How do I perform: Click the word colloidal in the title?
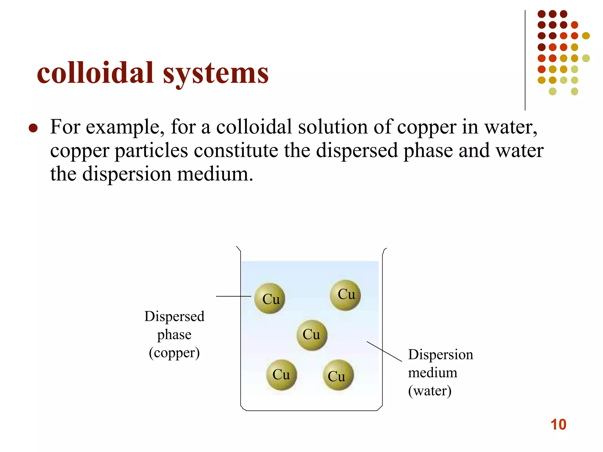[95, 73]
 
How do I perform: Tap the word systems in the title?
[216, 74]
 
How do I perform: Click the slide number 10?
[558, 425]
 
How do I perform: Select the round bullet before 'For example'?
[33, 128]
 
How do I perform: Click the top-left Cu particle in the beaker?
[270, 298]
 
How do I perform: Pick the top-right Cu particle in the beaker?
[345, 295]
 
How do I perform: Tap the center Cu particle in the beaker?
[312, 335]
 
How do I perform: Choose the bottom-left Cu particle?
[281, 375]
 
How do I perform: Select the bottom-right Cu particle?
[338, 375]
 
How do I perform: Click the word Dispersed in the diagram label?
[174, 317]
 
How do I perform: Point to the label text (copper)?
[174, 353]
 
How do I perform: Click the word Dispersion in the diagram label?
[440, 355]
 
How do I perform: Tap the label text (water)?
[430, 391]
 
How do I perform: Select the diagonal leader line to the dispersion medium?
[384, 351]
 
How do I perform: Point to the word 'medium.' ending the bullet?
[215, 174]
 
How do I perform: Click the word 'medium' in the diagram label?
[433, 373]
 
